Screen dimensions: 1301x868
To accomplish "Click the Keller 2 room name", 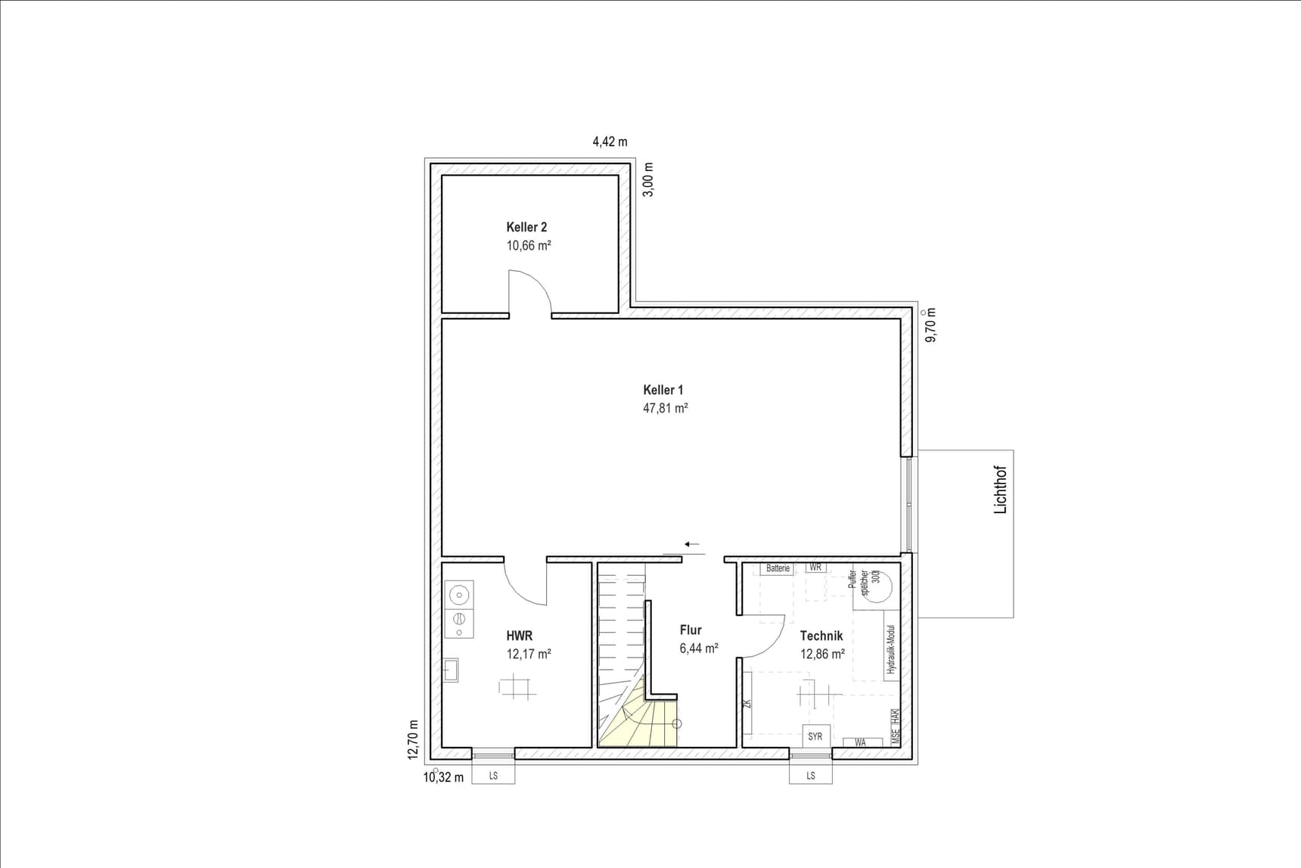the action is pos(526,227).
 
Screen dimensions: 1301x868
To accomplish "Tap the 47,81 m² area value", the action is pos(665,408).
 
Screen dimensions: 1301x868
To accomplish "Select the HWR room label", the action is pos(520,636).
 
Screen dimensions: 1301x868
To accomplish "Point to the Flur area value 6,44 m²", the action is pos(699,648).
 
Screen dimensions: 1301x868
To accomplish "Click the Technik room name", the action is pos(821,636).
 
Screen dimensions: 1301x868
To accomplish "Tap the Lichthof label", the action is pos(1001,490).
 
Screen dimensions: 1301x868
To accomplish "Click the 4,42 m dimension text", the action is pos(610,142).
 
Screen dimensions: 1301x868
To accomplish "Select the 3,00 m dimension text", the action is pos(648,179).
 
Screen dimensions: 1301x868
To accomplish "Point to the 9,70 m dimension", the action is pos(931,325).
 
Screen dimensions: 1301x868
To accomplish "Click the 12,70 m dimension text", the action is pos(413,739).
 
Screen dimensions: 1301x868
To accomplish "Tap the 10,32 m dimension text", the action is pos(443,777).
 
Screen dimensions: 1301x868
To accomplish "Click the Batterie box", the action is pos(778,568).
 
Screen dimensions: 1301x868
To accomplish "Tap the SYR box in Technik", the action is pos(815,736).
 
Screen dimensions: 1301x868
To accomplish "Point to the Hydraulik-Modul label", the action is pos(892,649).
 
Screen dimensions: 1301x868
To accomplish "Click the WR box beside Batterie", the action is pos(815,568).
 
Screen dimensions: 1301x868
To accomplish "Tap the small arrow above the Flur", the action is pos(692,544).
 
